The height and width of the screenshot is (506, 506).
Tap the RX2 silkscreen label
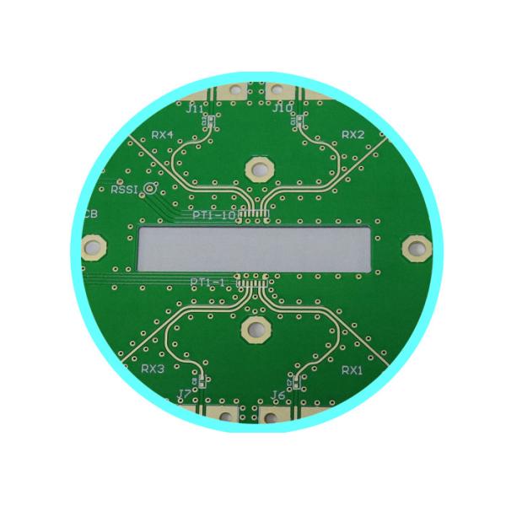point(353,135)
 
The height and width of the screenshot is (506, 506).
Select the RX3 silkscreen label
point(152,369)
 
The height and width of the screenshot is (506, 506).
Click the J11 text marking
point(194,109)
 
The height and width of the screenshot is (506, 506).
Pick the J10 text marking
point(283,109)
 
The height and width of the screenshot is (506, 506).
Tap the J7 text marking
point(186,394)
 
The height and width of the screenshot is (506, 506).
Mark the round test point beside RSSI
point(150,189)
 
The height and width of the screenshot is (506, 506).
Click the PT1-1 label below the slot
point(207,282)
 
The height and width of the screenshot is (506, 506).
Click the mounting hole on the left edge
point(93,246)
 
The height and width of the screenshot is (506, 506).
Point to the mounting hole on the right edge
point(414,247)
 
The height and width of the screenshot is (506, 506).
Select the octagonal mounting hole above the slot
point(260,168)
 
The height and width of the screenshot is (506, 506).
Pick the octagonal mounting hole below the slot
point(253,329)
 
